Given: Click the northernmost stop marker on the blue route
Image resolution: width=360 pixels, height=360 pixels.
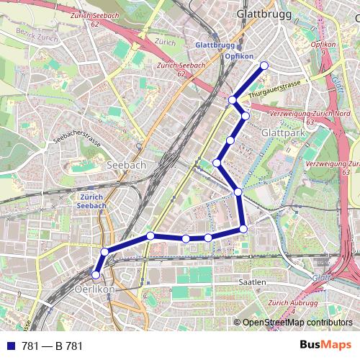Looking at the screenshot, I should point(264,66).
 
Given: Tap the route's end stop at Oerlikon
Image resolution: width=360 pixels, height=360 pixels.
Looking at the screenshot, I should point(96,274).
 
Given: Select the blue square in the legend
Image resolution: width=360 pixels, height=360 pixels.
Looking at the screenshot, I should point(9,346).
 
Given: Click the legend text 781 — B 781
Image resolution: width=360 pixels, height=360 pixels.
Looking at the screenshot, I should point(53,346).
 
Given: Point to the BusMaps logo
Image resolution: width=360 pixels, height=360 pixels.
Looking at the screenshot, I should point(326,346).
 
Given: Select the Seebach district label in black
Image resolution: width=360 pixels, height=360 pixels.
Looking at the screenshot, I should point(126,165).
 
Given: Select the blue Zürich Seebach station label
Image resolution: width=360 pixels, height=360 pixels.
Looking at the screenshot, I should point(91,200).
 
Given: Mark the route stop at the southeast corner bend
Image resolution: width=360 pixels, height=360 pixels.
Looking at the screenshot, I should point(243,229).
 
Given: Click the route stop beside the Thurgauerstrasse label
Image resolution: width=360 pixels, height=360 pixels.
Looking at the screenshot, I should point(233,100).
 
